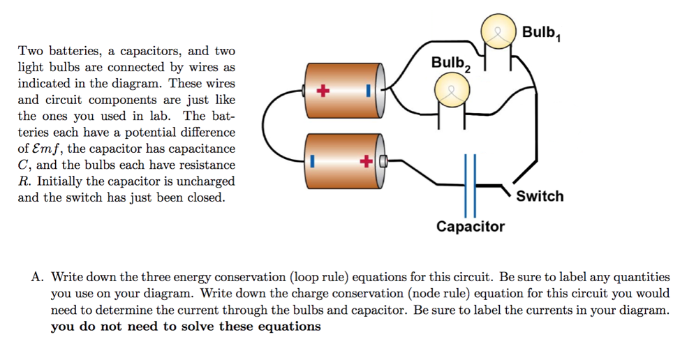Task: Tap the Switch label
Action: (x=540, y=196)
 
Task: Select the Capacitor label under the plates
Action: (x=470, y=227)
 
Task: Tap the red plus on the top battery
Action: (x=322, y=91)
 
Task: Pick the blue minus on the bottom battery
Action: (x=314, y=162)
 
